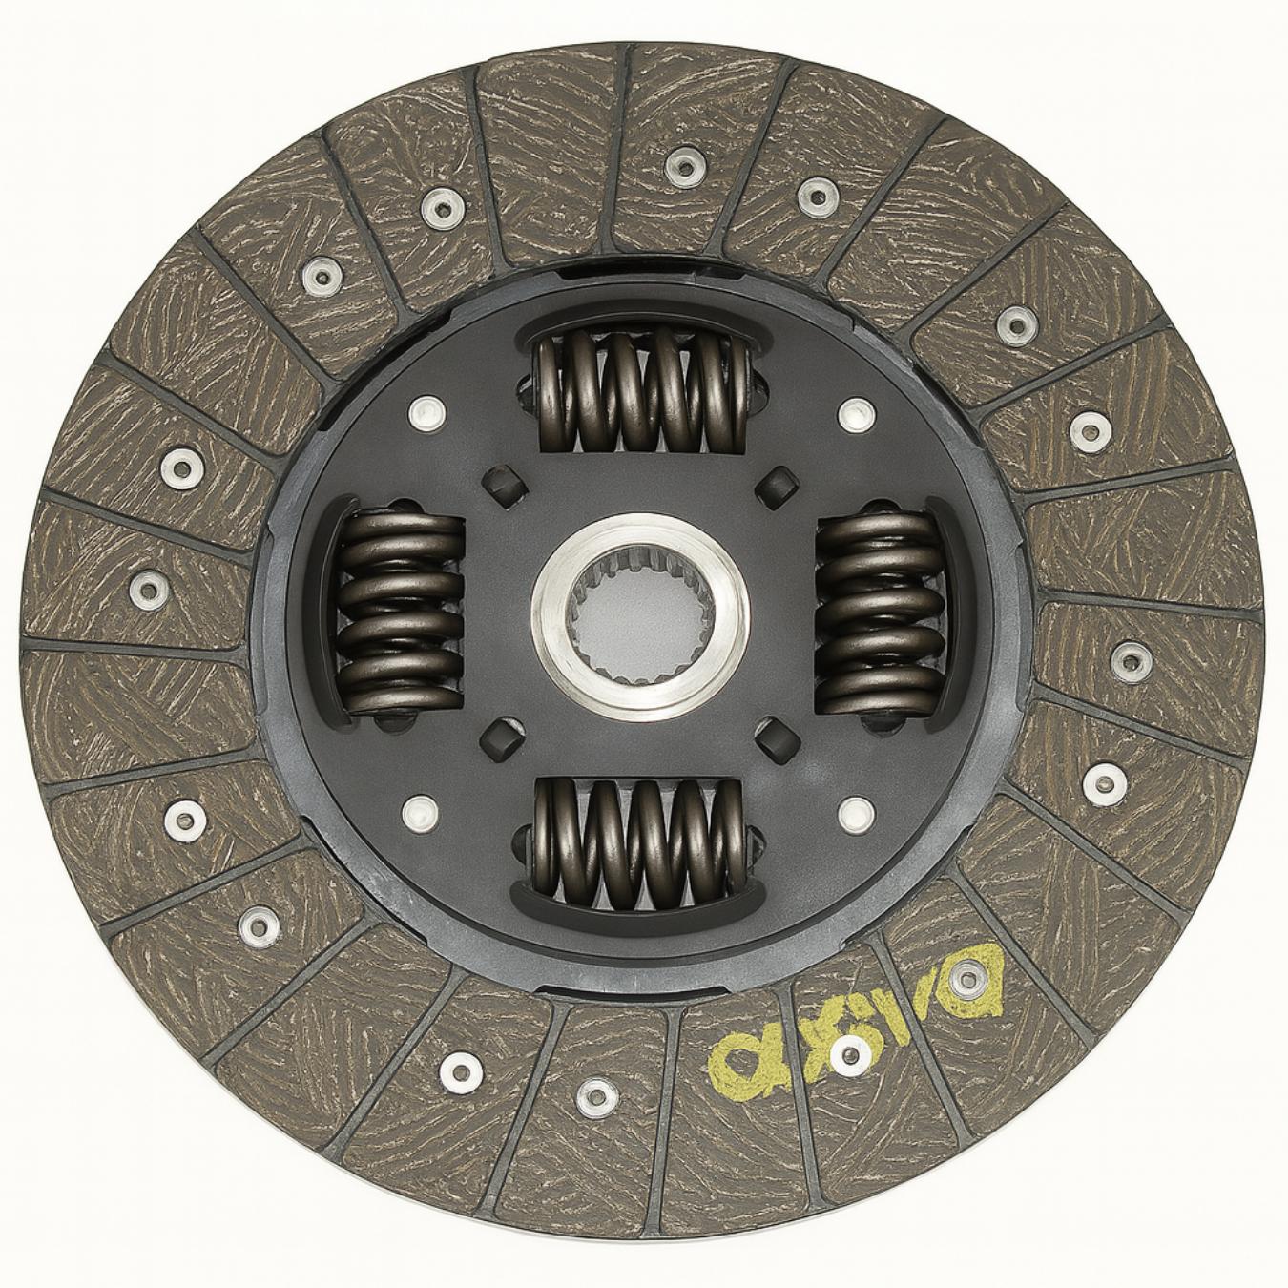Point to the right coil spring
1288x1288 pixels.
point(876,611)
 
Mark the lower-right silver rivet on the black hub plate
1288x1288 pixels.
point(857,813)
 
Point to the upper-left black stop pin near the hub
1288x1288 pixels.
point(507,485)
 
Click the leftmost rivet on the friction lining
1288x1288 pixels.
point(147,588)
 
